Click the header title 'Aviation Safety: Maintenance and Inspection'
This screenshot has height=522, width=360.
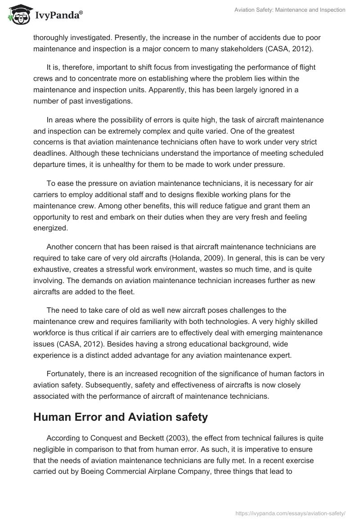click(290, 10)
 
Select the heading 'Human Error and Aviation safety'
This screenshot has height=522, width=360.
click(121, 417)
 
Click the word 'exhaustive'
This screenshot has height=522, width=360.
click(55, 270)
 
